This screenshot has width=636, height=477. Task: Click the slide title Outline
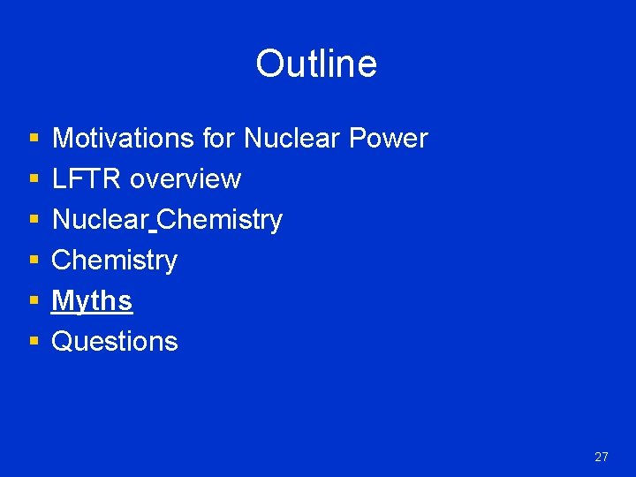click(316, 64)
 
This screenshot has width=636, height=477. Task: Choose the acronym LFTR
click(87, 179)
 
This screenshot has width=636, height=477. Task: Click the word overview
click(185, 179)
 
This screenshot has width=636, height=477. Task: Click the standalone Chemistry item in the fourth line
click(115, 261)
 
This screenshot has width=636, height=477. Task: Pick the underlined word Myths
click(92, 301)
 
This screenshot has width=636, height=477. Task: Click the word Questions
click(115, 342)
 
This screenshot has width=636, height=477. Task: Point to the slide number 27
click(602, 457)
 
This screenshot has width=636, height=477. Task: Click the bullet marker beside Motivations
click(34, 140)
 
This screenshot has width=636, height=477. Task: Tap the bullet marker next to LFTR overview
click(34, 180)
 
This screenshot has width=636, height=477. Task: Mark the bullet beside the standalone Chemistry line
click(34, 261)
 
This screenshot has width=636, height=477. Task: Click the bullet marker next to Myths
click(34, 302)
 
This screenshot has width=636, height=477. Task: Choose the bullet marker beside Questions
click(34, 343)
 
